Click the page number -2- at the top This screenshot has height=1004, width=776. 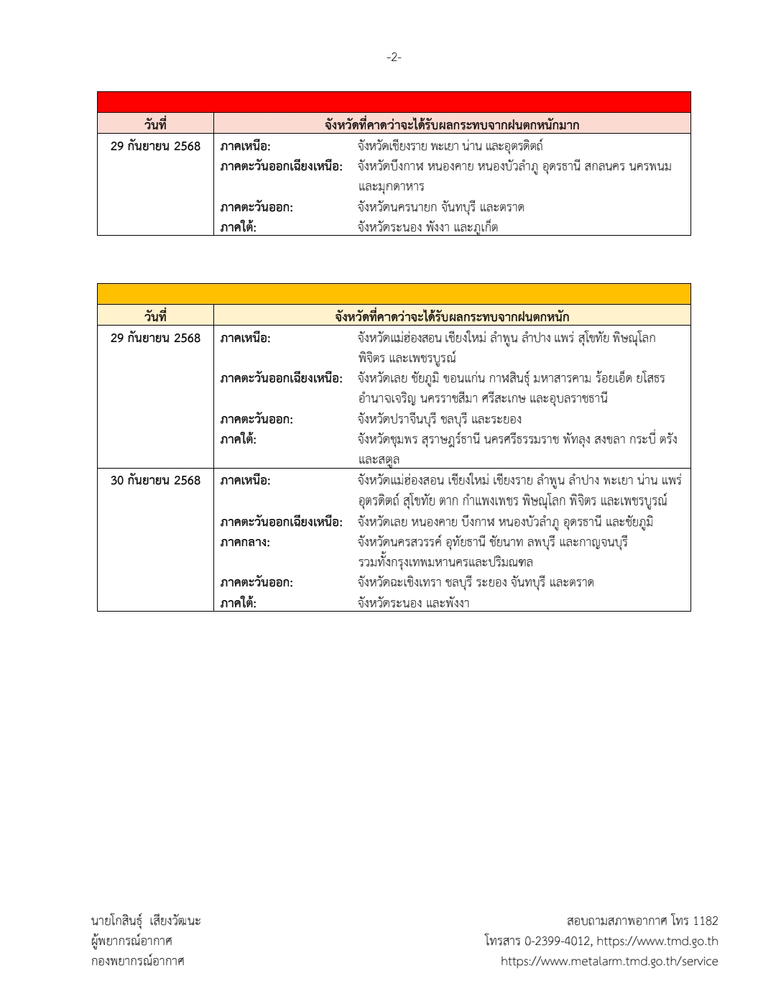394,57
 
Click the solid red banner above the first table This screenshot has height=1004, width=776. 394,102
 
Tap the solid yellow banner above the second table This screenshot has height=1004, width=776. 394,294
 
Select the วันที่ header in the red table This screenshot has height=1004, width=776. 155,125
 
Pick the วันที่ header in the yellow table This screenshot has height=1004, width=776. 155,316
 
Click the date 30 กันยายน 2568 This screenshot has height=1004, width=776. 155,481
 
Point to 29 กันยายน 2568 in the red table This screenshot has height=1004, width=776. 155,147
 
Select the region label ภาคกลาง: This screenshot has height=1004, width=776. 245,543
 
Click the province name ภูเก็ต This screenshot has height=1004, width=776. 481,228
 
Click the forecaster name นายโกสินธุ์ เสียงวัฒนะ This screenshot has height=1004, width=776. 146,921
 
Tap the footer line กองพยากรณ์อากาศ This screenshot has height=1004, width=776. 137,962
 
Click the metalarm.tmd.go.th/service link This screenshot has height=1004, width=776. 609,962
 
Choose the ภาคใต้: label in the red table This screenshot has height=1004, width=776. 239,228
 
